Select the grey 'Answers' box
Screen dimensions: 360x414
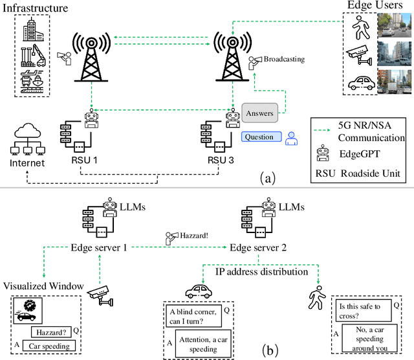(259, 113)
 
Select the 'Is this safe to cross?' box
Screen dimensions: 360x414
(364, 307)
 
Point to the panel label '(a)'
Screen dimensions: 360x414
(266, 177)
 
